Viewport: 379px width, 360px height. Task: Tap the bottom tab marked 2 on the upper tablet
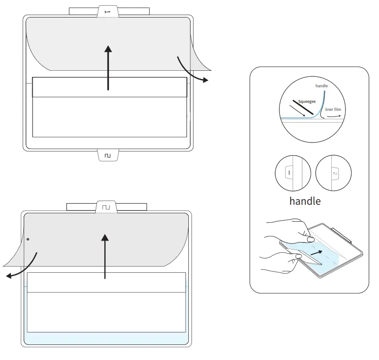108,155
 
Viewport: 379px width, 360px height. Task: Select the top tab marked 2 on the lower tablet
107,207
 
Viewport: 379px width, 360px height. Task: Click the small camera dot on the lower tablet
28,239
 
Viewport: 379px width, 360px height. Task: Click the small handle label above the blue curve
321,86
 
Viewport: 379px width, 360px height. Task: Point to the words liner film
332,109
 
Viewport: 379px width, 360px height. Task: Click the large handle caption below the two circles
305,201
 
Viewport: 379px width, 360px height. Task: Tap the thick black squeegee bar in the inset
302,108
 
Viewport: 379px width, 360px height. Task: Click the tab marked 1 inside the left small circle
289,174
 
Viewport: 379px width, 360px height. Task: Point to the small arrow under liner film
333,115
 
